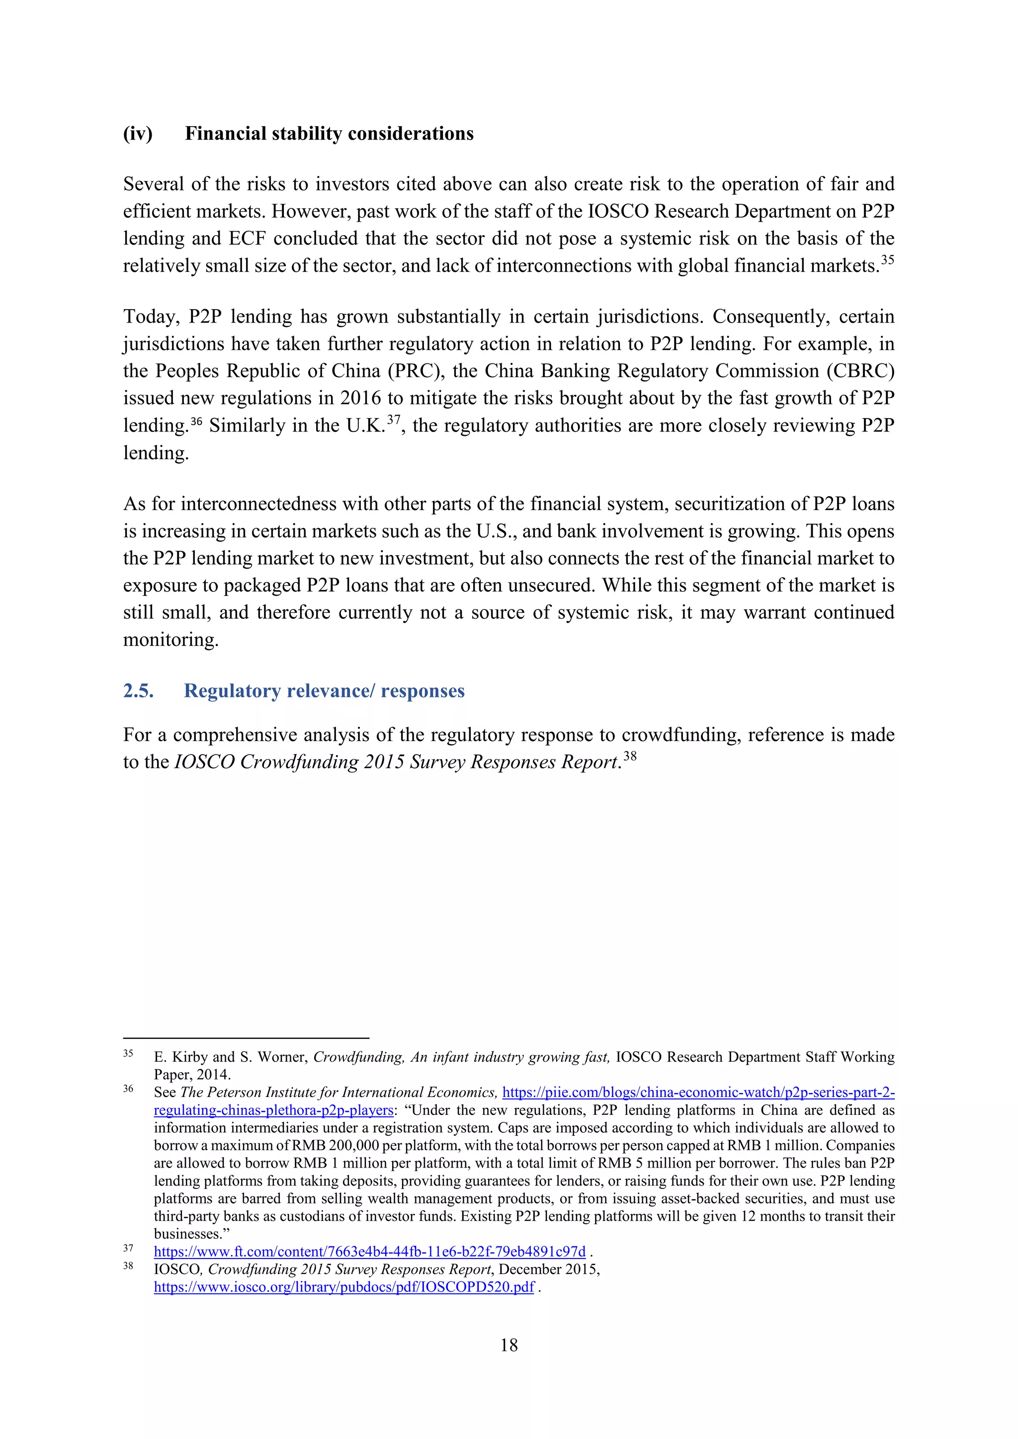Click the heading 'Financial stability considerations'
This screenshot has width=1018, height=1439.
[329, 134]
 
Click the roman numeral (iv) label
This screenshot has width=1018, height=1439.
[138, 134]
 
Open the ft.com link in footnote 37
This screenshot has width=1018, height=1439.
[370, 1252]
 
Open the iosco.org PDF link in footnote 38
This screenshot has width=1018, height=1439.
[344, 1287]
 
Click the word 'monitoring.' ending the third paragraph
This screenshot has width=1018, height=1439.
[170, 640]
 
